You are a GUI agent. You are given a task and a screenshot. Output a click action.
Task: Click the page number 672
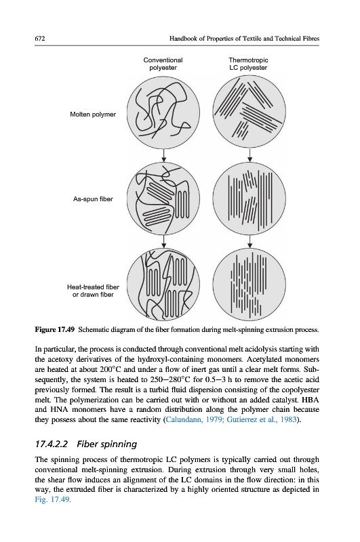tap(40, 39)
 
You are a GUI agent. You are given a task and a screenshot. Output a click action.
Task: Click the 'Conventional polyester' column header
tap(163, 64)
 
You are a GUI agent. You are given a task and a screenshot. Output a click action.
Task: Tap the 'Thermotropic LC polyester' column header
tap(248, 64)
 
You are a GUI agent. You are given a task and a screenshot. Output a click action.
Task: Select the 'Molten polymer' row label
tap(93, 114)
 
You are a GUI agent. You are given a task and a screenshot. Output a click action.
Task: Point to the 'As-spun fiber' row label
tap(93, 199)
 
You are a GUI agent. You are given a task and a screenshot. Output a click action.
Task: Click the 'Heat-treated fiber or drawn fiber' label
tap(93, 291)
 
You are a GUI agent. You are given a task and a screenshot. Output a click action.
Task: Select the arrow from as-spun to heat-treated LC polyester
tap(249, 242)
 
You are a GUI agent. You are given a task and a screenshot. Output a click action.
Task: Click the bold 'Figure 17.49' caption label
tap(55, 329)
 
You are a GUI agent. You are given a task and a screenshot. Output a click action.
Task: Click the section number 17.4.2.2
tap(52, 444)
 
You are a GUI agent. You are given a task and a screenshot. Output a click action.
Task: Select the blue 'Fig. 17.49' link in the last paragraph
tap(52, 499)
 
